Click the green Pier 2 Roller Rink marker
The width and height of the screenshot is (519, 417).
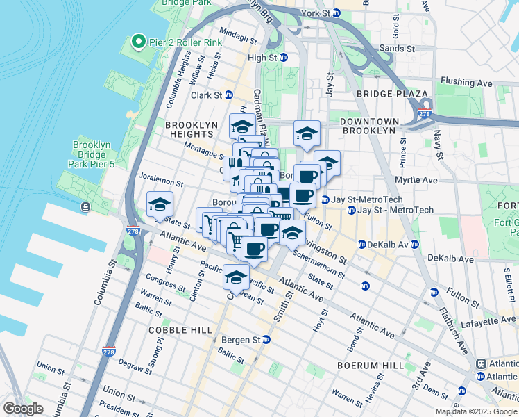(x=138, y=42)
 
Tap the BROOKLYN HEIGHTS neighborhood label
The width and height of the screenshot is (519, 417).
(x=188, y=129)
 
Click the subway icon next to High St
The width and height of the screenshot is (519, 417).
(x=284, y=58)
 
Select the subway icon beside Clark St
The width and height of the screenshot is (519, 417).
(x=228, y=95)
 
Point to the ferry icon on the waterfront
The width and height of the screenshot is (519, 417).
(x=85, y=206)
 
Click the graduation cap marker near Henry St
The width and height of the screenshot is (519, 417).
(x=160, y=206)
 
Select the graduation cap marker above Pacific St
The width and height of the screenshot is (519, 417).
(x=237, y=277)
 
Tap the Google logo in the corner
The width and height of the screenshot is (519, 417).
(x=24, y=409)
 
